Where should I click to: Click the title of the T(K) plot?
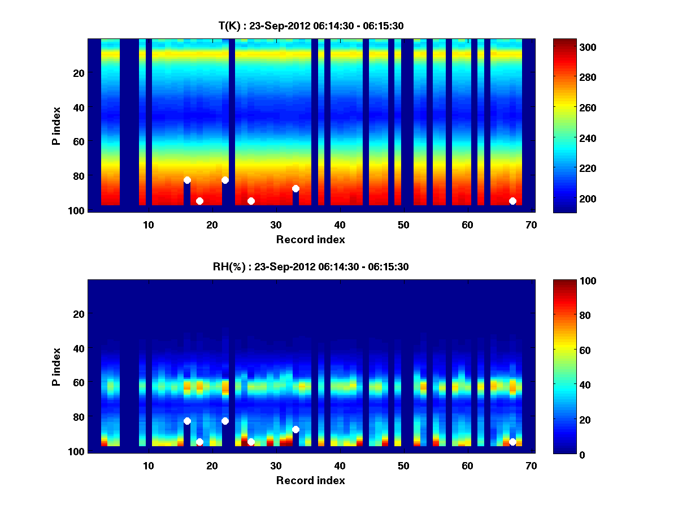coord(311,25)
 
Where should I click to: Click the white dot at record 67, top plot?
coord(512,201)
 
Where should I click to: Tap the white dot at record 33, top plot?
coord(295,188)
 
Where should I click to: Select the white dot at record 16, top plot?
coord(187,180)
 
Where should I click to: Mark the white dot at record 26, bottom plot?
coord(251,442)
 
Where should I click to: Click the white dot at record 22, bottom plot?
coord(225,421)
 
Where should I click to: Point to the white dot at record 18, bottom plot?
coord(199,442)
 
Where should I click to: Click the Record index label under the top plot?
coord(311,239)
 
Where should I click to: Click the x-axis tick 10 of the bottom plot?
coord(148,465)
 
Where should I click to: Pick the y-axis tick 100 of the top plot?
coord(77,210)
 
